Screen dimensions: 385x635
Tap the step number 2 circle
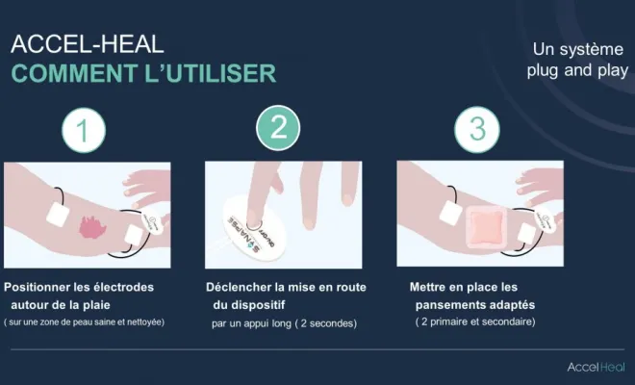click(278, 129)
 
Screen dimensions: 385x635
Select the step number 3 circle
click(476, 130)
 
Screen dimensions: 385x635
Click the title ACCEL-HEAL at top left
click(87, 44)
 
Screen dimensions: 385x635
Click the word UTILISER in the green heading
click(220, 73)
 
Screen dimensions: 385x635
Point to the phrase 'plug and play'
click(577, 70)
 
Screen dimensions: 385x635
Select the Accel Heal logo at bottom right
click(596, 367)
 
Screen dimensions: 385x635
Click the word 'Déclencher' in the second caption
click(239, 287)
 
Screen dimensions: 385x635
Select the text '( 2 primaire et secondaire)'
click(474, 321)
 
